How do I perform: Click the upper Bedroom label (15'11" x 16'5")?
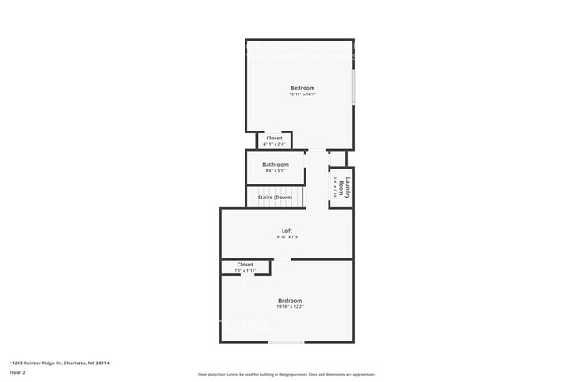[302, 88]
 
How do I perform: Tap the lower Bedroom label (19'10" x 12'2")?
[290, 300]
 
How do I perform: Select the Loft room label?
[287, 231]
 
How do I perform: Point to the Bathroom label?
[275, 164]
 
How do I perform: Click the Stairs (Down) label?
[275, 197]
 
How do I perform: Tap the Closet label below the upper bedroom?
[275, 138]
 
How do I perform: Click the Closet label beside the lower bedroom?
[245, 264]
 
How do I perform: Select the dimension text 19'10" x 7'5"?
[287, 237]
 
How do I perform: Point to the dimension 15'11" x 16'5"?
[302, 94]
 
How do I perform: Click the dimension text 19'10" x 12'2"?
[290, 306]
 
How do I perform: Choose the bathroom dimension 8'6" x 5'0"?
[275, 170]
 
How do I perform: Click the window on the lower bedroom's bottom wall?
[287, 342]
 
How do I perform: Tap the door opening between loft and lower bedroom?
[282, 259]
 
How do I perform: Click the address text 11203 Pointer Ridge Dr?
[59, 363]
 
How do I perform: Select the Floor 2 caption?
[18, 373]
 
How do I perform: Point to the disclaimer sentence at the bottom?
[286, 374]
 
